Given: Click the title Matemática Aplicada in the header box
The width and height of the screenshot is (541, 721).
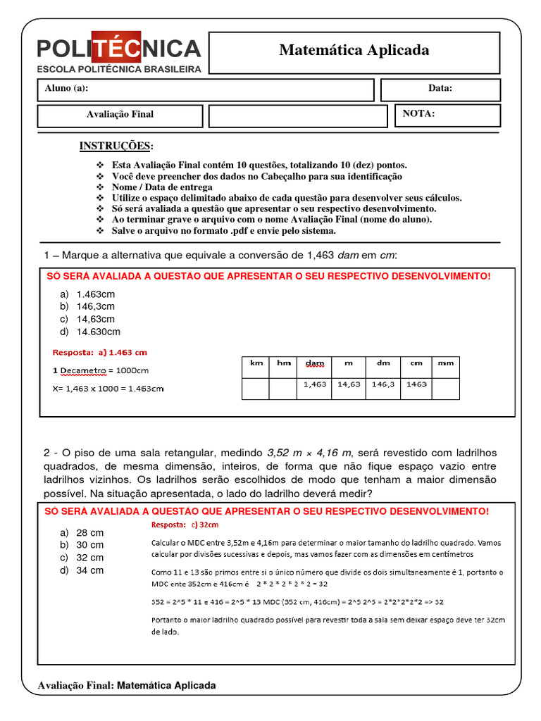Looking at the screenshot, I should click(x=354, y=50).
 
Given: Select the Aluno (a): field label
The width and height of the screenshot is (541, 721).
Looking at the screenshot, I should click(x=67, y=89).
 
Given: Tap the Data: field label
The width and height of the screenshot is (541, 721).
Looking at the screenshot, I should click(x=440, y=89).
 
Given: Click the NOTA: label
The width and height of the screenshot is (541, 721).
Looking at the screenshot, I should click(x=418, y=113).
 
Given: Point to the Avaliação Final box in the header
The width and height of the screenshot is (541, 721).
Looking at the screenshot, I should click(x=120, y=114).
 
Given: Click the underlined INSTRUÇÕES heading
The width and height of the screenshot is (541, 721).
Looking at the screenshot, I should click(x=116, y=146).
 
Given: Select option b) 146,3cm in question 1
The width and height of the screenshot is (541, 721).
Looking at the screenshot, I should click(x=88, y=306).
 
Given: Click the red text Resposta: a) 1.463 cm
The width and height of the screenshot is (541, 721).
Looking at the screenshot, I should click(x=100, y=352).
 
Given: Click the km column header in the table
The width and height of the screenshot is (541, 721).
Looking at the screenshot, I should click(x=256, y=363).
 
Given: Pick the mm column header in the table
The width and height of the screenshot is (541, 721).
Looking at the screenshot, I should click(x=445, y=363).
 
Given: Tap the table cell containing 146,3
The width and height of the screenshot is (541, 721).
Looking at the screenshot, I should click(x=383, y=385).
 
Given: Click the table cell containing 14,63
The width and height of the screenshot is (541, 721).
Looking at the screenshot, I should click(x=349, y=385).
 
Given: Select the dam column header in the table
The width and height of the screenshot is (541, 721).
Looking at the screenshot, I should click(x=315, y=363).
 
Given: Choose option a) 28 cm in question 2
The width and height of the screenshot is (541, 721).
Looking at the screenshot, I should click(x=82, y=533).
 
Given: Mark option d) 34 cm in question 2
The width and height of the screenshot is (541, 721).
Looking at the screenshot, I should click(x=82, y=570).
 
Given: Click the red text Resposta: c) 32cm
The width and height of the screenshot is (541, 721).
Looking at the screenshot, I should click(x=185, y=525).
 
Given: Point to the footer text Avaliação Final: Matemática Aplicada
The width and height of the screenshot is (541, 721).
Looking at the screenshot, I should click(x=127, y=685).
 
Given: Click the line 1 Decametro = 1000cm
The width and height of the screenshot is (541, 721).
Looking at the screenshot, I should click(x=101, y=370).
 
